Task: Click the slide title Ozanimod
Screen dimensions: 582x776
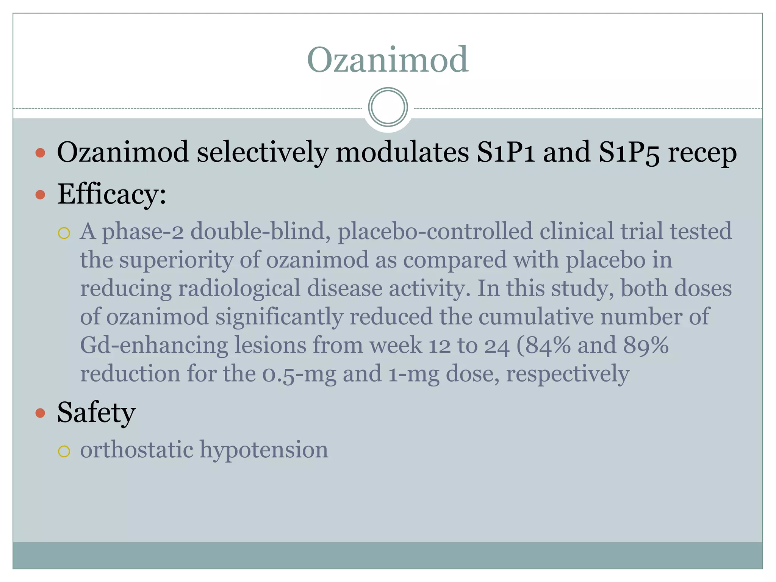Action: point(388,60)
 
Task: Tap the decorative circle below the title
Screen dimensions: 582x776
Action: point(388,107)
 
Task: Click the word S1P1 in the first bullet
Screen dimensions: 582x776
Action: point(506,152)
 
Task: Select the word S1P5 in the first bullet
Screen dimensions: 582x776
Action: point(629,152)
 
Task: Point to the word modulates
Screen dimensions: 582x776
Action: point(402,152)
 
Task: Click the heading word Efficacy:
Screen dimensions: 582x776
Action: point(111,194)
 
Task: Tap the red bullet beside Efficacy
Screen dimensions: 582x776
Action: point(40,195)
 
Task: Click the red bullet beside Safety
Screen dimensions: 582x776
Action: point(40,413)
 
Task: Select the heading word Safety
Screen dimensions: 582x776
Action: point(96,413)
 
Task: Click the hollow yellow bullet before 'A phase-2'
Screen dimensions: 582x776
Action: point(64,233)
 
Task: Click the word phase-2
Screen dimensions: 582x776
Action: point(143,232)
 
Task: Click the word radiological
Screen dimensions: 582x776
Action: point(239,289)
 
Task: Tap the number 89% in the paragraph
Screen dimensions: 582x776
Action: point(646,346)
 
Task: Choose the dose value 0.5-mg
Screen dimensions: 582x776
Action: point(299,374)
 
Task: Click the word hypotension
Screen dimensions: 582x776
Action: point(264,450)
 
